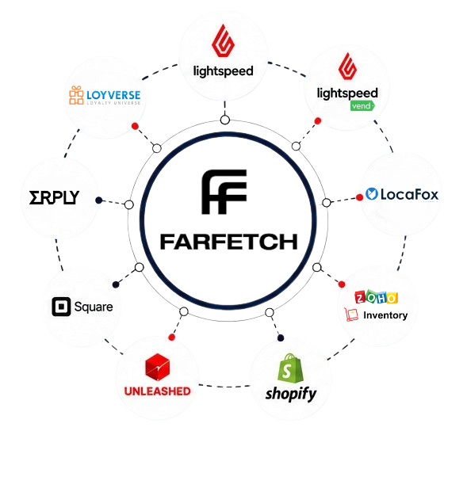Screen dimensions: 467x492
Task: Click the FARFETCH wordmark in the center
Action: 228,242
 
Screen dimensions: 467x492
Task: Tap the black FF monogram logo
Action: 224,192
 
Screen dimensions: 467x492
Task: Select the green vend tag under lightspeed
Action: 362,105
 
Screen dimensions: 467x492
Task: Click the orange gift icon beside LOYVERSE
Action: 76,95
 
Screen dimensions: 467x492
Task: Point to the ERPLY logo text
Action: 54,197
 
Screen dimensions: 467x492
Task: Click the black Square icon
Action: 61,307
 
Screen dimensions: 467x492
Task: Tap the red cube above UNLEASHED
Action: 157,367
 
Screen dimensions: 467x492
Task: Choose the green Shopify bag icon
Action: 290,368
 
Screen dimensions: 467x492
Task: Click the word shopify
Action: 291,394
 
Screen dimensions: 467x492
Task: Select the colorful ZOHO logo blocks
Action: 377,297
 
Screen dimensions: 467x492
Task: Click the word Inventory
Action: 385,315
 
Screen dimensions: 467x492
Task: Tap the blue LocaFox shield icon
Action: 372,194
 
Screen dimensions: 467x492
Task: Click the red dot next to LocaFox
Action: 360,197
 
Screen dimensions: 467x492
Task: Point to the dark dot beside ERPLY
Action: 98,200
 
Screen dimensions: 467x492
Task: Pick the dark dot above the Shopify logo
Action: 281,338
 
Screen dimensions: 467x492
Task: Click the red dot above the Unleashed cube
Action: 171,338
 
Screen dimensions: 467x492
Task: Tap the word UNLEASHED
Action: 157,391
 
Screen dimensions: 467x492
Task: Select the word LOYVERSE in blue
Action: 113,95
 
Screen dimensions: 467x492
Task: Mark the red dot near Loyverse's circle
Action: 135,126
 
